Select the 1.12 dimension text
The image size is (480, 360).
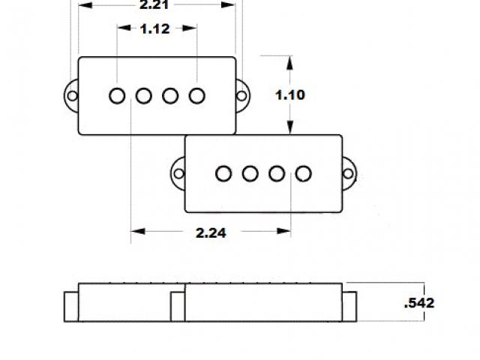(x=155, y=30)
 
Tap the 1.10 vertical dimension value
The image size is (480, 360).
(x=289, y=95)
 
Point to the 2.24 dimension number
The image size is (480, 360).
(x=211, y=232)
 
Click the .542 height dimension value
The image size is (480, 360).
(x=419, y=303)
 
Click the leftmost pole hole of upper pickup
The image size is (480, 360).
(x=117, y=96)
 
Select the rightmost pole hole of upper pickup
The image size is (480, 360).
(x=197, y=96)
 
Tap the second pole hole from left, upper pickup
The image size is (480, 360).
(x=144, y=96)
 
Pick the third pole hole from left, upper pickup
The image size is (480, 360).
(x=171, y=96)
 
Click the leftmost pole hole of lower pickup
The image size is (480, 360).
(x=223, y=174)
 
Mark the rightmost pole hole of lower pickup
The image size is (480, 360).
(x=304, y=174)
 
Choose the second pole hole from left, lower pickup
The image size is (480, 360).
(x=250, y=174)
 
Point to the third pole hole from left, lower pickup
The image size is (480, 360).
(x=277, y=174)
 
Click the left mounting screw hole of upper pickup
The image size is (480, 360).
(x=71, y=96)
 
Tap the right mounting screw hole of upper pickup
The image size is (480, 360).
(x=243, y=96)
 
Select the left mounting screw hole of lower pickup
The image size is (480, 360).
(x=178, y=174)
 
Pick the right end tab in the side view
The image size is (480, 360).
(x=349, y=307)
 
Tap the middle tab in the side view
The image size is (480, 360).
(x=178, y=307)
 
